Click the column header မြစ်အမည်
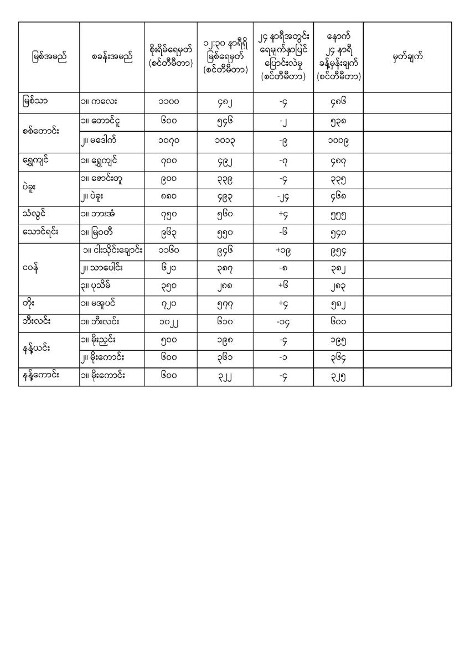pos(49,58)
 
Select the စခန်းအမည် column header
pos(112,58)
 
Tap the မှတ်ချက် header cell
pos(407,58)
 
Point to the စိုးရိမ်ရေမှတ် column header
pos(171,58)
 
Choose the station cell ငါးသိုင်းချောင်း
pos(112,250)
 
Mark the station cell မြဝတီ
pos(104,232)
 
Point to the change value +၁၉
pos(283,250)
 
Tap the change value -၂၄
pos(283,196)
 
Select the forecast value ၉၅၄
pos(338,250)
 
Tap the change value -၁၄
pos(283,323)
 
